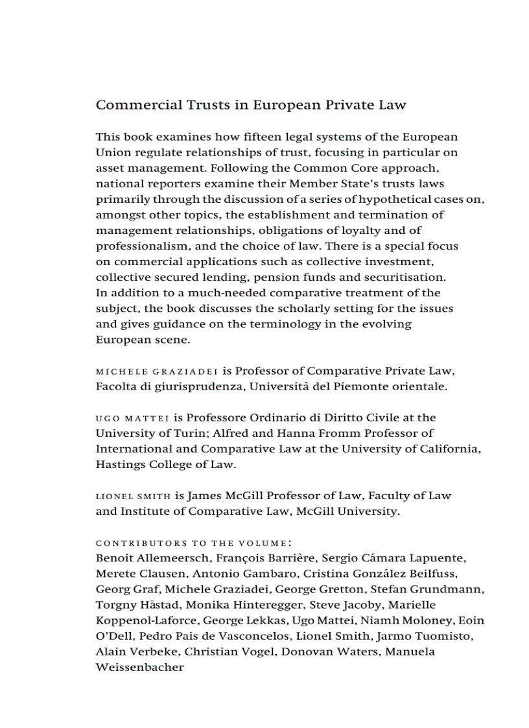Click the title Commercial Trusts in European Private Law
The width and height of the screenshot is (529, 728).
tap(251, 105)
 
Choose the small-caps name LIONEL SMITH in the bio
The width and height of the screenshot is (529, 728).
tap(133, 497)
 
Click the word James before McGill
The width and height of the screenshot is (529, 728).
tap(204, 496)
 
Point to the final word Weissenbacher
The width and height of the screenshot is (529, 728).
tap(139, 667)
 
